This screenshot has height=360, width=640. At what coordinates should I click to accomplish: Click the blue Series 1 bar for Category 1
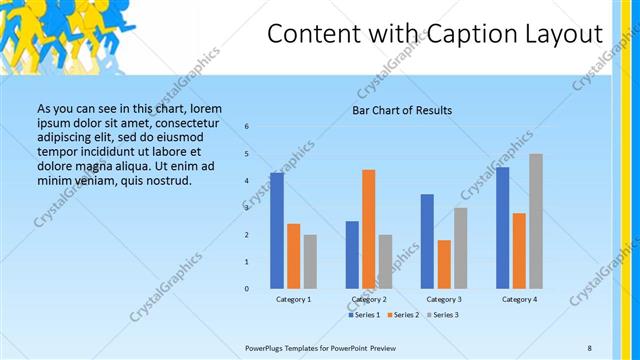pyautogui.click(x=277, y=230)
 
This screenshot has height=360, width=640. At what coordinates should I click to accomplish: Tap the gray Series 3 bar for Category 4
pyautogui.click(x=536, y=221)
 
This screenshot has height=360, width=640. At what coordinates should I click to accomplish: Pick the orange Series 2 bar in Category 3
pyautogui.click(x=444, y=264)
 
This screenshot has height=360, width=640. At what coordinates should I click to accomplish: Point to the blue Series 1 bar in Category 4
pyautogui.click(x=502, y=228)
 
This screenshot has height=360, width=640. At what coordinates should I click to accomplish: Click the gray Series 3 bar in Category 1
pyautogui.click(x=310, y=262)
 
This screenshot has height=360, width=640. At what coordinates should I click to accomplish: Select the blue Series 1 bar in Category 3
pyautogui.click(x=427, y=241)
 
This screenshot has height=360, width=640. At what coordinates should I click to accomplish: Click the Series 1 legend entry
pyautogui.click(x=363, y=315)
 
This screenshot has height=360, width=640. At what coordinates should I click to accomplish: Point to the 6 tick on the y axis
pyautogui.click(x=247, y=126)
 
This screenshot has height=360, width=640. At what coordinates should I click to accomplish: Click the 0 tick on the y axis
pyautogui.click(x=247, y=288)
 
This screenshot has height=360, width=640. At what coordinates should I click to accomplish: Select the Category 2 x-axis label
pyautogui.click(x=369, y=300)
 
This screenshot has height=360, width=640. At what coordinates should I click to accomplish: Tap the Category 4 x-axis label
pyautogui.click(x=519, y=300)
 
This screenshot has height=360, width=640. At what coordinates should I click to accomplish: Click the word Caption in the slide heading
pyautogui.click(x=466, y=35)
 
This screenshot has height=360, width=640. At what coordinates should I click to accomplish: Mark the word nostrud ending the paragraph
pyautogui.click(x=164, y=181)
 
